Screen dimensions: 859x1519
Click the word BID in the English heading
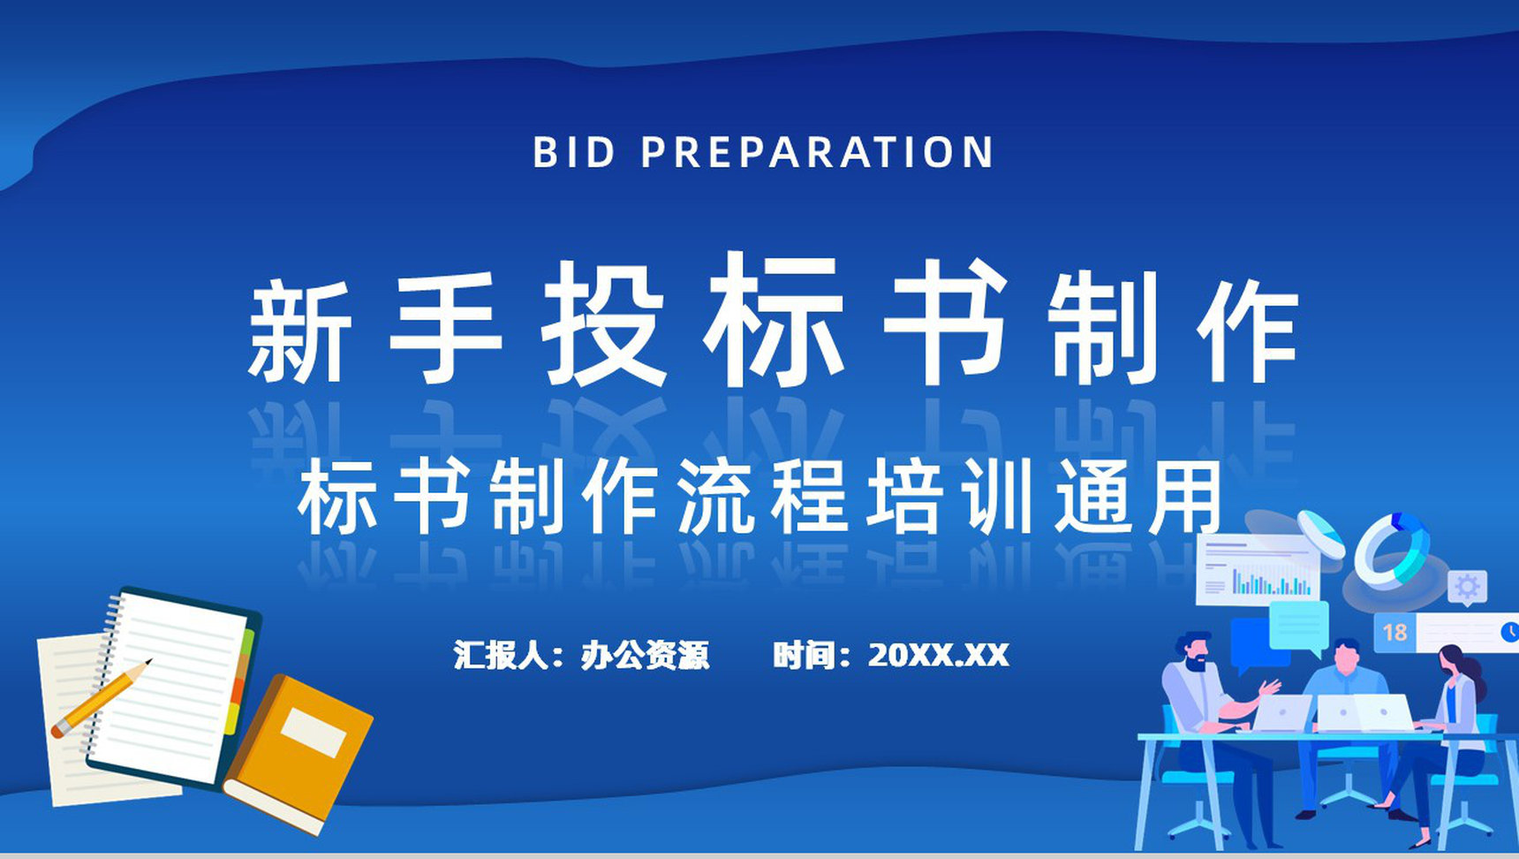[x=574, y=152]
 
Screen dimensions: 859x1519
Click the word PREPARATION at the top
[x=817, y=152]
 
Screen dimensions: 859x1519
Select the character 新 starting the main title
[x=299, y=332]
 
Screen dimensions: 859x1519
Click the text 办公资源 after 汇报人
[x=645, y=655]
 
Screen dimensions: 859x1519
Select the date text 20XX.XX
[x=938, y=655]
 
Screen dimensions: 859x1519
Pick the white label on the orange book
[x=313, y=732]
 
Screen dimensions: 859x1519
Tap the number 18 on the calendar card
[x=1394, y=633]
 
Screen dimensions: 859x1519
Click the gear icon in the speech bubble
[x=1467, y=587]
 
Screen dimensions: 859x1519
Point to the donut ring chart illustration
[x=1392, y=551]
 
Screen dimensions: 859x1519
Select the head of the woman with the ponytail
[x=1451, y=662]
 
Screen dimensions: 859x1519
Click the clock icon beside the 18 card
[x=1509, y=632]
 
